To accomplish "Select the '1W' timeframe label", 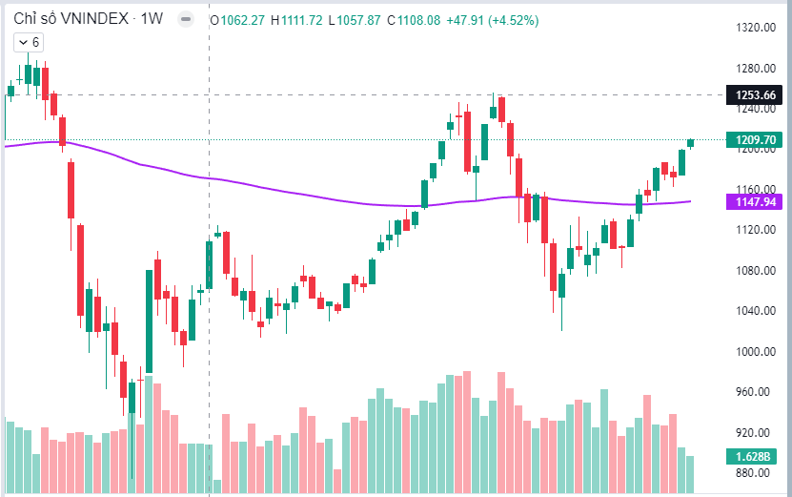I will [152, 19].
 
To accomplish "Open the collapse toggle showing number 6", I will [28, 42].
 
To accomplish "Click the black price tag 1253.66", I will [753, 94].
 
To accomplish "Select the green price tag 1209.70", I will [753, 140].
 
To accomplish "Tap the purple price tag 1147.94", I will [753, 201].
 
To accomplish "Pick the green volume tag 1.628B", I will [753, 456].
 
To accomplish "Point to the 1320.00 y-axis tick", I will [753, 28].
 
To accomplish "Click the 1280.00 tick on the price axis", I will [753, 69].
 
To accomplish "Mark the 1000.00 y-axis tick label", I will [753, 351].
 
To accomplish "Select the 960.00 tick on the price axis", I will [753, 391].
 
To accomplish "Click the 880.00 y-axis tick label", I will [753, 472].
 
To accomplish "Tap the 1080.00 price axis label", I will [753, 270].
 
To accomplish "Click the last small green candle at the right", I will [690, 143].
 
